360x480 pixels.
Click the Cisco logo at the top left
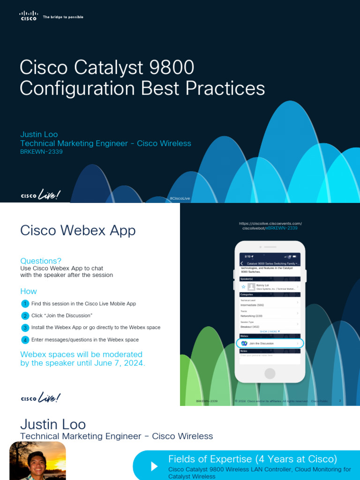[28, 16]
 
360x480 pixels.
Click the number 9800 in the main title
[171, 67]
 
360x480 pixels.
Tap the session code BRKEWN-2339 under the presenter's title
[41, 152]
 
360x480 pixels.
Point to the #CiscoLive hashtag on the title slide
[180, 198]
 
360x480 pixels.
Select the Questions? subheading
[41, 261]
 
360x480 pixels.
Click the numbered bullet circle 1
[25, 304]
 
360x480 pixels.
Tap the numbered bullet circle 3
[25, 328]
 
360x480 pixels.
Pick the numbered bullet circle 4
[25, 340]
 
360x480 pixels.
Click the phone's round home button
[270, 373]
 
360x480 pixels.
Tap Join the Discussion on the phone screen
[262, 344]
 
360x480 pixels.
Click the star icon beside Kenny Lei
[244, 286]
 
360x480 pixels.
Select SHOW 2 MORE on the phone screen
[270, 331]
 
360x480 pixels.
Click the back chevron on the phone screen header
[241, 264]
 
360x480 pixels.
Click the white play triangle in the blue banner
[154, 466]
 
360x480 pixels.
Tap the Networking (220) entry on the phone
[251, 316]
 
